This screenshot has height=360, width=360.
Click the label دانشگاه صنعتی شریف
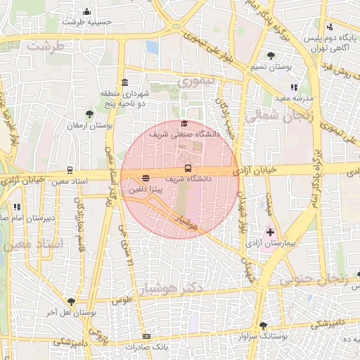click(185, 133)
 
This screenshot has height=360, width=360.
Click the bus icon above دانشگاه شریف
click(188, 169)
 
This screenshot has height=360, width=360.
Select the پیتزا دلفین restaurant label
click(146, 189)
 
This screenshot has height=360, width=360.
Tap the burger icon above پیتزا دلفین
click(146, 179)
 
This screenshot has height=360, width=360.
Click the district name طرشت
click(45, 45)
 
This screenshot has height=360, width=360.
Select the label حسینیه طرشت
click(86, 22)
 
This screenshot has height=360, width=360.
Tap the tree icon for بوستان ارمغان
click(89, 114)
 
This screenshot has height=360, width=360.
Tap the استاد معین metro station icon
click(69, 170)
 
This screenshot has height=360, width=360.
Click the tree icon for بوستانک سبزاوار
click(263, 326)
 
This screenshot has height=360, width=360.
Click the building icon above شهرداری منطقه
click(125, 82)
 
